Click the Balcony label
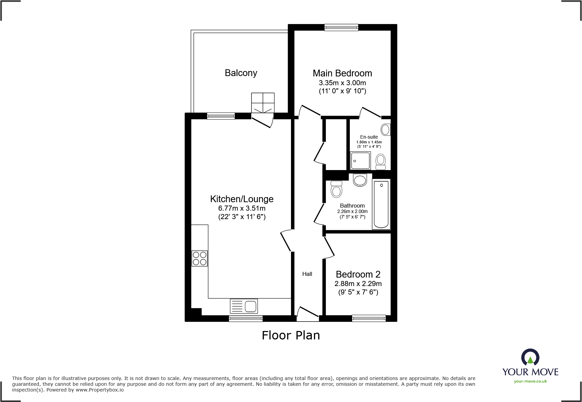[241, 73]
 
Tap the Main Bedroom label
[342, 73]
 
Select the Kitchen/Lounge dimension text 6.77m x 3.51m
[242, 209]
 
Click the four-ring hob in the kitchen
[199, 258]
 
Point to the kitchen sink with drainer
[244, 306]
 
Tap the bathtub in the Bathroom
[381, 204]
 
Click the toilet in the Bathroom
[336, 189]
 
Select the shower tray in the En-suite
[360, 160]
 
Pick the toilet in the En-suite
[381, 161]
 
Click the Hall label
[307, 274]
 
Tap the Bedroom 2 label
[358, 275]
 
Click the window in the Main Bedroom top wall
[341, 27]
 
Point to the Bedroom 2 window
[368, 318]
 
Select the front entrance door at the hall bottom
[308, 314]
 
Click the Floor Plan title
[291, 335]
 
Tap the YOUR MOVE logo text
[530, 372]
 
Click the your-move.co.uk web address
[530, 381]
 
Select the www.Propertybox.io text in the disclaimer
[99, 390]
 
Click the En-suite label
[369, 137]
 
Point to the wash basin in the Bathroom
[360, 180]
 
